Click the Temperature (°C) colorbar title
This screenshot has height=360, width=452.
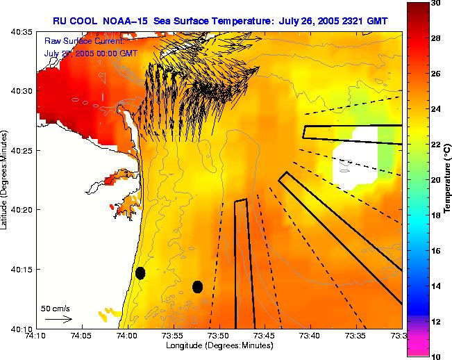(x=448, y=179)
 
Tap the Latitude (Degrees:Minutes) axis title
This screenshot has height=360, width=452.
(x=6, y=179)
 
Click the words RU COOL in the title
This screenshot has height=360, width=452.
(x=74, y=20)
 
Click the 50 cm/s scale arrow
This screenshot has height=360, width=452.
(x=58, y=319)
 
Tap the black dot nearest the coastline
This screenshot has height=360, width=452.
(x=140, y=273)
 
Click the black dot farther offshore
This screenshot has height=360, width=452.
(x=197, y=286)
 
